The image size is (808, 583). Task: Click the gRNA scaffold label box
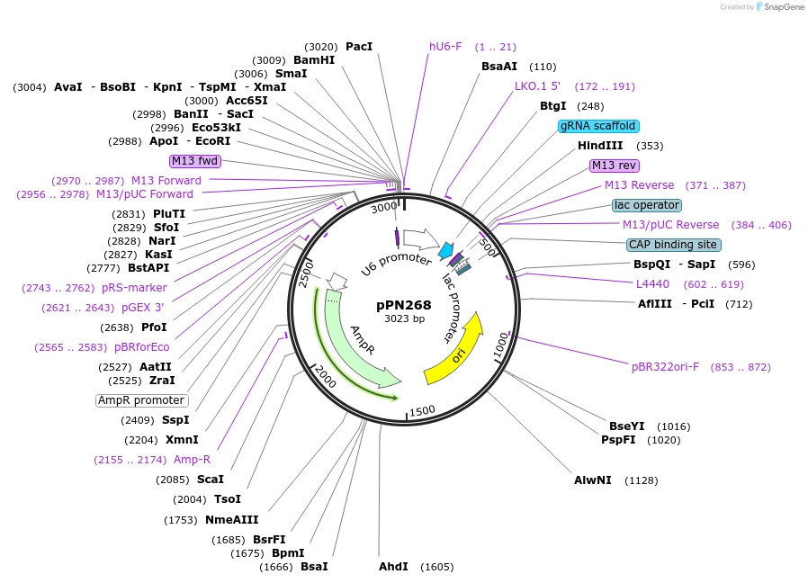tap(598, 126)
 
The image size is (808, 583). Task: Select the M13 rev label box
tap(615, 166)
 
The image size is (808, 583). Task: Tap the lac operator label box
tap(646, 205)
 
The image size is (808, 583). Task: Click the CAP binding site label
tap(674, 245)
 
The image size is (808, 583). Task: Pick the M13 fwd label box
tap(195, 161)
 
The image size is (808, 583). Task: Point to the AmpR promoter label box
tap(141, 400)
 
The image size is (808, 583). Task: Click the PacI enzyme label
tap(359, 47)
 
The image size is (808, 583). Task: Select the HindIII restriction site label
tap(600, 146)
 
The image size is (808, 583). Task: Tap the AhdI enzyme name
tap(393, 567)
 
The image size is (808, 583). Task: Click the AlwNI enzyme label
tap(593, 480)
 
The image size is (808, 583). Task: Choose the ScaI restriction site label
tap(211, 480)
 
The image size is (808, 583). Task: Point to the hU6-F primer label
tap(445, 47)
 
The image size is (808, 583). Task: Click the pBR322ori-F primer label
tap(665, 367)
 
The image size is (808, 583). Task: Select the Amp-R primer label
tap(192, 460)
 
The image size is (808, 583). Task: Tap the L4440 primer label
tap(651, 284)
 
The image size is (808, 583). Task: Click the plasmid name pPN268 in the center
tap(404, 305)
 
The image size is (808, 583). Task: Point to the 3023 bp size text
tap(404, 318)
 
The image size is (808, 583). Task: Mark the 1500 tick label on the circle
tap(421, 410)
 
